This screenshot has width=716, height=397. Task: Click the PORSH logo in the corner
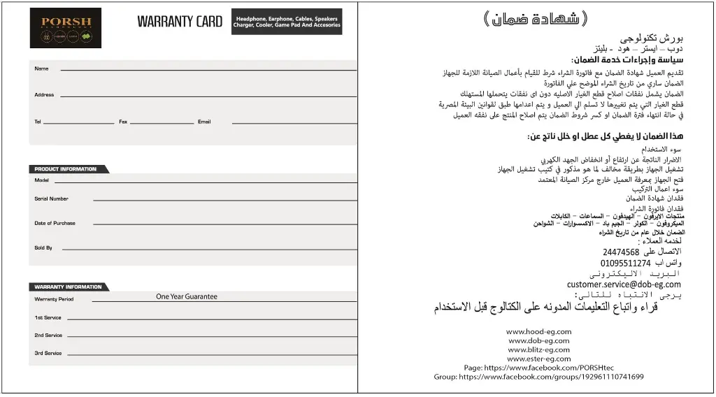click(65, 28)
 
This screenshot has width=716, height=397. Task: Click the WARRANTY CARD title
click(180, 22)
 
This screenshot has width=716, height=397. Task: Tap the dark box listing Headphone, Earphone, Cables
click(287, 22)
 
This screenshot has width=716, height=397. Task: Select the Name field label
click(41, 68)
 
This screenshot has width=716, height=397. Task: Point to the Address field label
click(44, 95)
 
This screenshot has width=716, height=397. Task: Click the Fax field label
click(123, 122)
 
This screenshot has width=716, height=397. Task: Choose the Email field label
click(204, 122)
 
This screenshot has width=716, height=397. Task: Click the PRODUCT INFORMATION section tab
click(67, 169)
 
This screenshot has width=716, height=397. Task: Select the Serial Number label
click(51, 198)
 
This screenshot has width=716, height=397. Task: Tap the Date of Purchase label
click(55, 223)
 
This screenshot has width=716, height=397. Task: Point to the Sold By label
click(43, 247)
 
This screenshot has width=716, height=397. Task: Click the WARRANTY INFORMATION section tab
click(69, 287)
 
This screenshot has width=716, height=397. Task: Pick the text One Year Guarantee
click(187, 296)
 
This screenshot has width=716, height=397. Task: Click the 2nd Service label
click(48, 335)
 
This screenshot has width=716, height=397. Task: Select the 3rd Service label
click(48, 353)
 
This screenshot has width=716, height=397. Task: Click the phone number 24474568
click(621, 252)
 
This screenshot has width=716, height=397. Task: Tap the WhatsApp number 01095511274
click(625, 264)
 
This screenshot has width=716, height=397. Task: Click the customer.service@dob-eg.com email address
click(624, 284)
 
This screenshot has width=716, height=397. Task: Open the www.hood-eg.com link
click(538, 331)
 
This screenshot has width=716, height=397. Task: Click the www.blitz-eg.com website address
click(538, 349)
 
